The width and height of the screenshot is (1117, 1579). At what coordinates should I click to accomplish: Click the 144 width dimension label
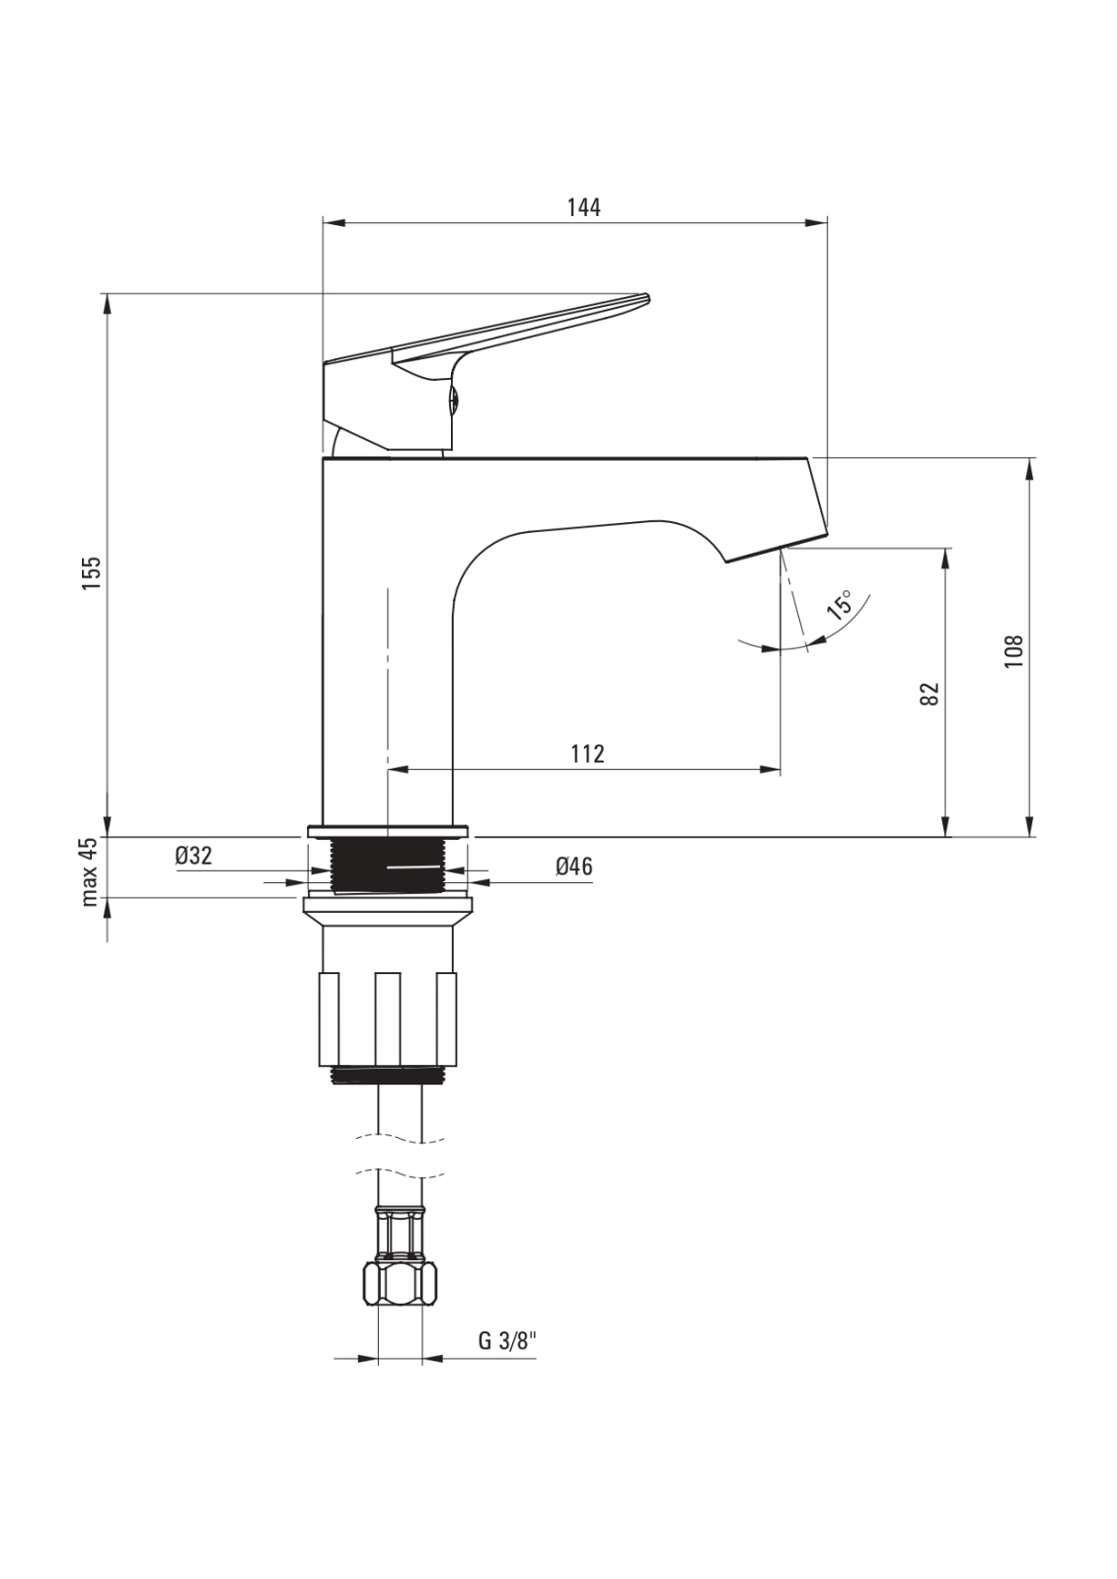[x=584, y=208]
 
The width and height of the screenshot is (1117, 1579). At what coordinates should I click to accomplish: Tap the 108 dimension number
[x=1013, y=651]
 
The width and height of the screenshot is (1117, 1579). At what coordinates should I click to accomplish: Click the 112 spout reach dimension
[x=587, y=754]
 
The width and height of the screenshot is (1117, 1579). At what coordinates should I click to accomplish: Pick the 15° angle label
[x=839, y=605]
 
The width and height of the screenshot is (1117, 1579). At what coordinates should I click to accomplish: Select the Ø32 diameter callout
[x=193, y=856]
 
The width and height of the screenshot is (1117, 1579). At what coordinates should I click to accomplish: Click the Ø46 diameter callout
[x=573, y=866]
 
